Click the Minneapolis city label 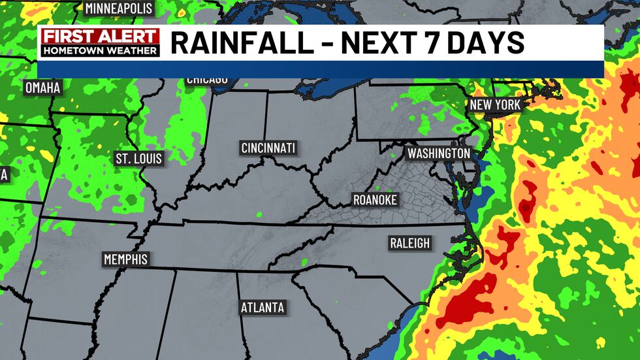pos(119,8)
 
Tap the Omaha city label pos(42,88)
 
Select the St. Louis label pos(138,158)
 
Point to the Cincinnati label pos(268,148)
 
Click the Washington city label pos(438,153)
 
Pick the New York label pos(495,105)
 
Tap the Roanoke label pos(375,200)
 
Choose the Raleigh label pos(410,243)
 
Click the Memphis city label pos(126,259)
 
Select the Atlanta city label pos(263,307)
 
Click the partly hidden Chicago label pos(207,80)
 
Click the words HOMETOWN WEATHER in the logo pos(100,50)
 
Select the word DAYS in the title pos(484,43)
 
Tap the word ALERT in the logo pos(127,37)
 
